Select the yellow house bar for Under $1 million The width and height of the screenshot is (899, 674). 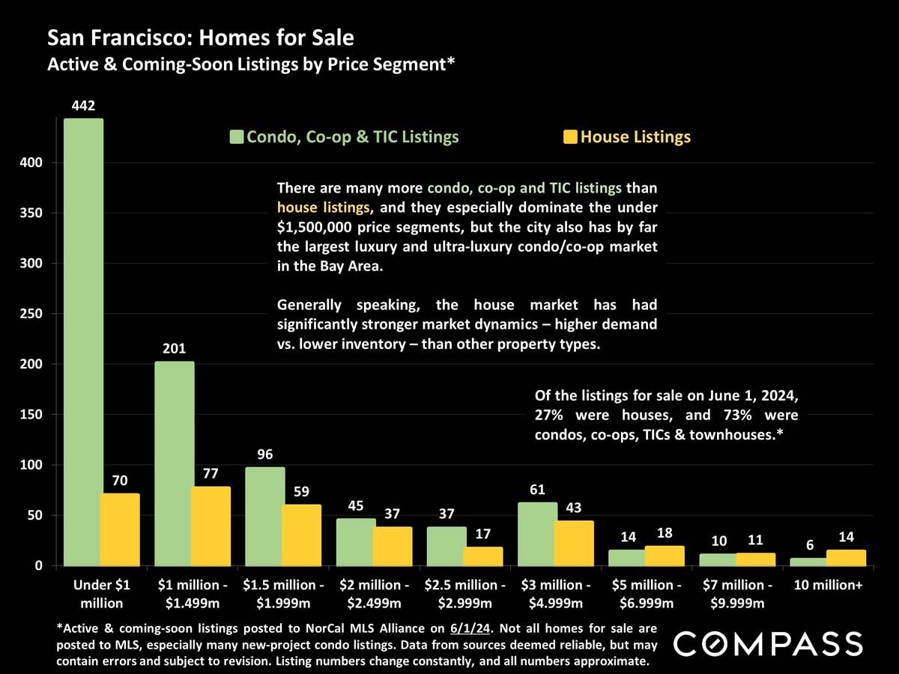tap(120, 529)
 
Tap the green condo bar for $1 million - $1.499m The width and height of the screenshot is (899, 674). tap(174, 464)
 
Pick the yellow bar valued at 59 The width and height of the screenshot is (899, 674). tap(301, 535)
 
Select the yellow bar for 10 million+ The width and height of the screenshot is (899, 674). tap(846, 558)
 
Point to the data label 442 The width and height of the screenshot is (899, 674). tap(83, 106)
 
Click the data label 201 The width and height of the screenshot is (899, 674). tap(174, 349)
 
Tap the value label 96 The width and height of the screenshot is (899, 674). tap(264, 455)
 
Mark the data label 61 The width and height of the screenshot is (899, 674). tap(537, 490)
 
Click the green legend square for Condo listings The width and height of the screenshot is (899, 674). tap(237, 137)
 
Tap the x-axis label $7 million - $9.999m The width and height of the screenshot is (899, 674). tap(737, 594)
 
